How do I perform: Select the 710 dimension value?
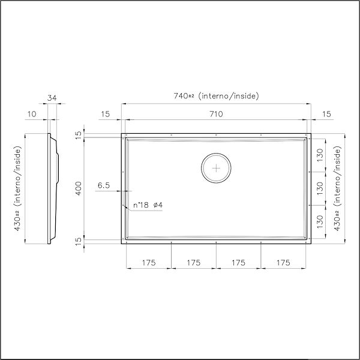(216, 114)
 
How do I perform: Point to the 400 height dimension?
(78, 188)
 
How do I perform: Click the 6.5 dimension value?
(103, 186)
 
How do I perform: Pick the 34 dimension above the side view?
(52, 98)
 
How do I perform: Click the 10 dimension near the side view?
(32, 114)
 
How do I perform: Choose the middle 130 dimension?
(320, 188)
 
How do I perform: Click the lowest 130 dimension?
(320, 221)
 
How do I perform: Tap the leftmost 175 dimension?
(149, 263)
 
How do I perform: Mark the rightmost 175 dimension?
(284, 263)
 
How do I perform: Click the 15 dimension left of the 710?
(105, 114)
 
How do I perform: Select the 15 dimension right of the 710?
(326, 114)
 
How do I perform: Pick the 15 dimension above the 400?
(78, 135)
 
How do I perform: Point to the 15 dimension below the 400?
(78, 241)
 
